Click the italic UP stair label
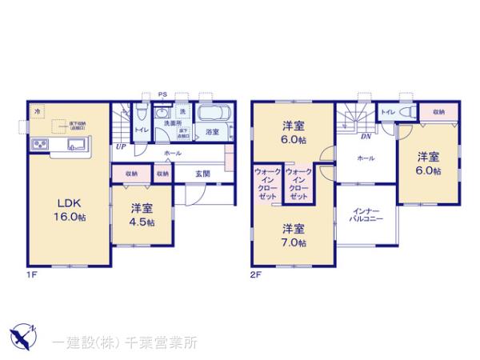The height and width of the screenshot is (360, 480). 119,146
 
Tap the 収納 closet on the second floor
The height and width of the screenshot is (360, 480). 439,113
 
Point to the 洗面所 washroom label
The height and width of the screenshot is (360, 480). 172,125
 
